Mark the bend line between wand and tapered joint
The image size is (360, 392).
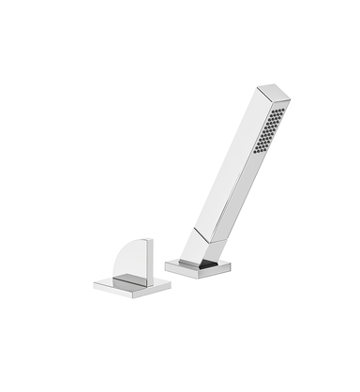211,230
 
